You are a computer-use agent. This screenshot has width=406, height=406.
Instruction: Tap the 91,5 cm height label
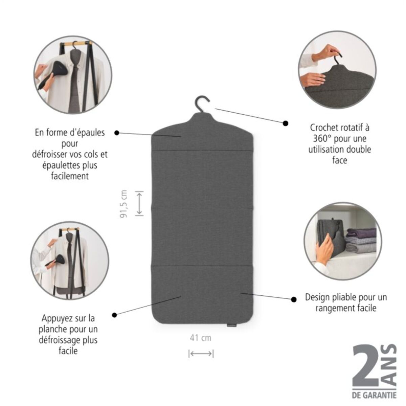(x=124, y=203)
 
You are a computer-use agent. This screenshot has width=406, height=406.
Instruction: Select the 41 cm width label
(x=200, y=338)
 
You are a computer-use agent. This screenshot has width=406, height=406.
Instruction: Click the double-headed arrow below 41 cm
(x=201, y=354)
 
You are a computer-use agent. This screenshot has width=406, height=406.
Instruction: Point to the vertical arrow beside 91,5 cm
(x=139, y=203)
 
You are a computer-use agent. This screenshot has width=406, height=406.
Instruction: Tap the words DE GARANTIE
(x=374, y=395)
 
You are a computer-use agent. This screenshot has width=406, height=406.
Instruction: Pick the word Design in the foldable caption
(x=318, y=297)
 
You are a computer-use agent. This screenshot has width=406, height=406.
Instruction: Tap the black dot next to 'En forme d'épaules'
(x=116, y=133)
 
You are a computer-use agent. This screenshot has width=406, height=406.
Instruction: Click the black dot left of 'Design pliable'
(x=294, y=299)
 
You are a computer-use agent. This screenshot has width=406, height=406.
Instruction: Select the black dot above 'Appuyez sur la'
(x=114, y=315)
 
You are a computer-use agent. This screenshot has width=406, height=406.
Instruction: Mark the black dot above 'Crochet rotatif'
(x=286, y=123)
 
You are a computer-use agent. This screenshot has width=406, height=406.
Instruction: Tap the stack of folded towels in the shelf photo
(x=361, y=240)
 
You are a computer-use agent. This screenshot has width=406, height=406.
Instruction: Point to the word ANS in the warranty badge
(x=391, y=365)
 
